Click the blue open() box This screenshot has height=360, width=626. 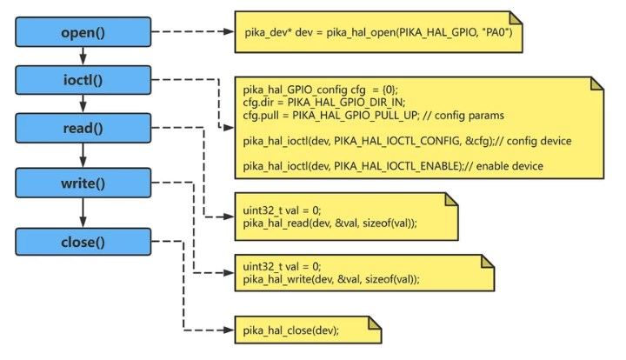click(x=82, y=33)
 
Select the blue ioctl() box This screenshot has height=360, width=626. click(x=82, y=80)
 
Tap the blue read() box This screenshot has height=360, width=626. click(x=82, y=129)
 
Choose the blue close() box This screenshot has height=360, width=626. click(x=82, y=242)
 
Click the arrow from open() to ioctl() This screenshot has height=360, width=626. click(x=82, y=57)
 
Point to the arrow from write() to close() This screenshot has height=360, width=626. click(x=82, y=212)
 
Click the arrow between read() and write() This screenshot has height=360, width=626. click(x=82, y=156)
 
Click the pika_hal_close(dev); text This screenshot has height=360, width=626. click(x=291, y=330)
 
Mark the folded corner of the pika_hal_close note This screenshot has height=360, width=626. click(x=375, y=323)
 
